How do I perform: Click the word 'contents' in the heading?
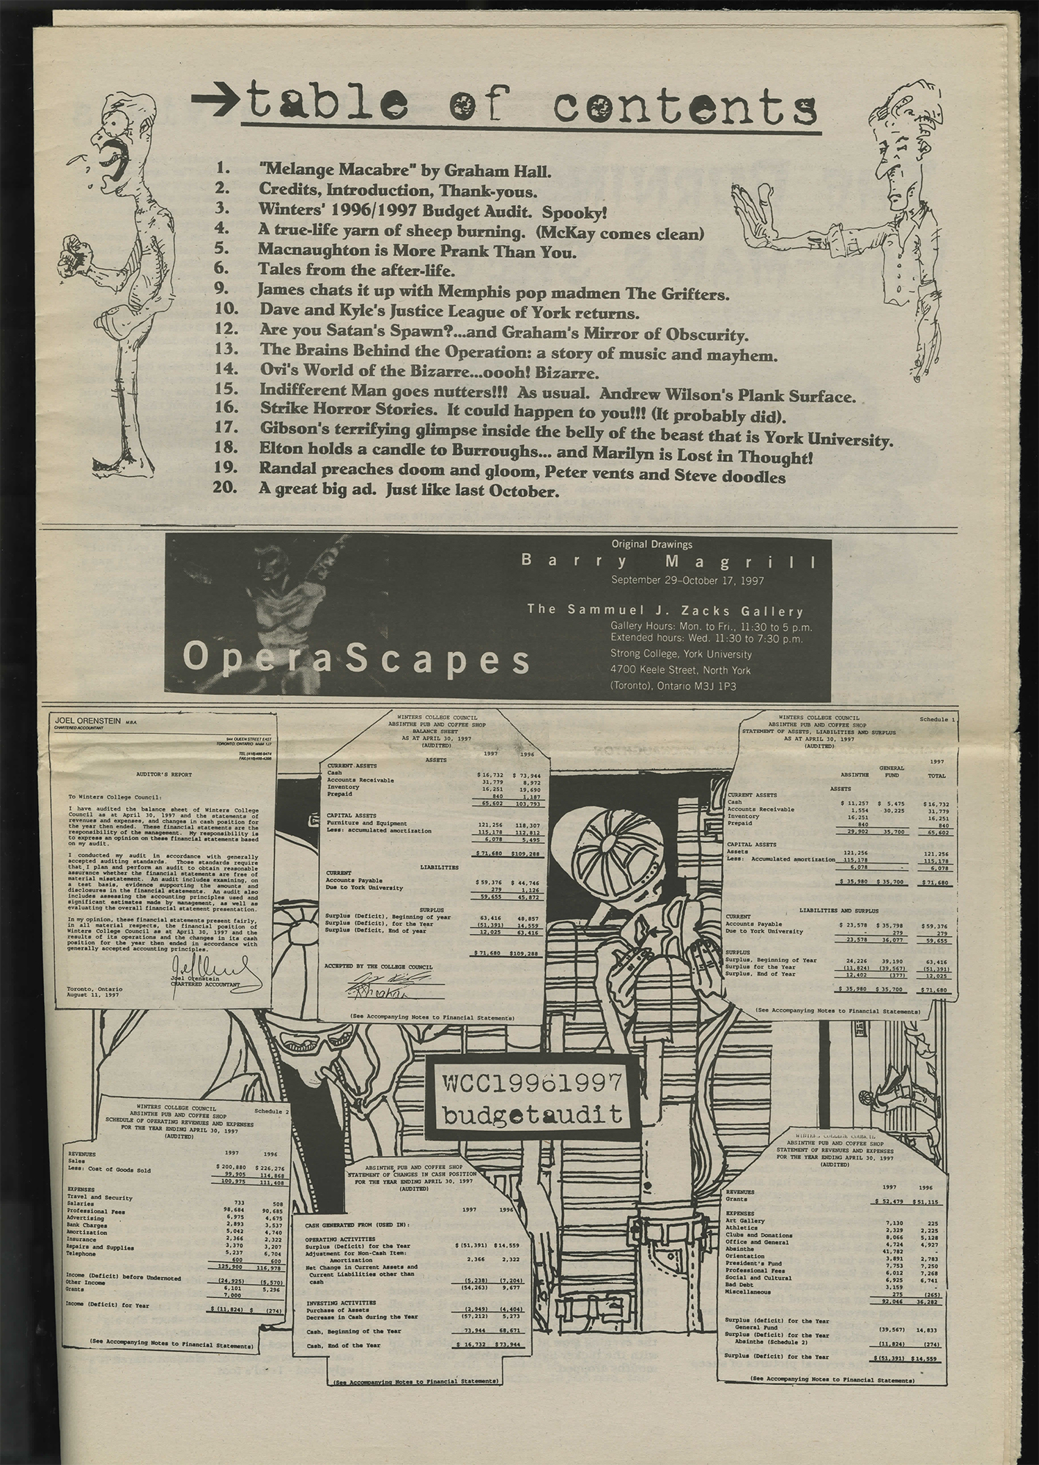684,106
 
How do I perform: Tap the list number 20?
229,491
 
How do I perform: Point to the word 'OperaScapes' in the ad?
356,658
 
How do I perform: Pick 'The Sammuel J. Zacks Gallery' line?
665,611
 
